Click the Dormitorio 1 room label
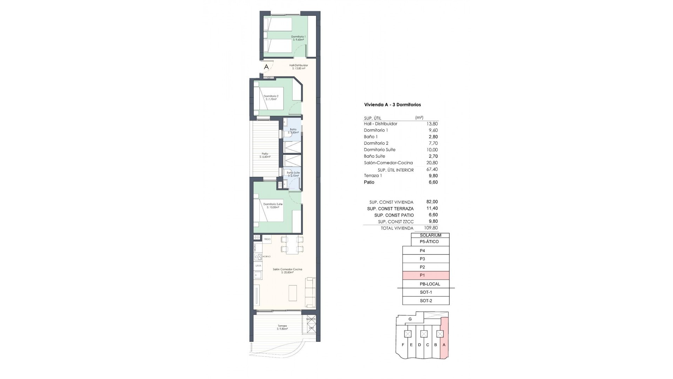click(298, 38)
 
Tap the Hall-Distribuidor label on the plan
click(298, 67)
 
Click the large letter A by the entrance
click(266, 67)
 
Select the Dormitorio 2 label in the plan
click(271, 98)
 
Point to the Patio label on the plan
click(265, 155)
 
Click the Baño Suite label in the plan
click(293, 174)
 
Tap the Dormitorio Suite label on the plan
click(273, 205)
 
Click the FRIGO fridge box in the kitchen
click(267, 239)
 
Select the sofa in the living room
click(311, 292)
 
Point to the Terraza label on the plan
click(282, 327)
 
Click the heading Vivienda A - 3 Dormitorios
click(392, 105)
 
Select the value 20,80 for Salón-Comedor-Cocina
click(432, 163)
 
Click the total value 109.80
click(431, 228)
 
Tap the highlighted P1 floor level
click(426, 275)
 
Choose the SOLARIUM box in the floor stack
click(430, 235)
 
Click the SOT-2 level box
click(426, 301)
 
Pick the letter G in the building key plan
click(410, 319)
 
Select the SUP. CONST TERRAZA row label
click(390, 209)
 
